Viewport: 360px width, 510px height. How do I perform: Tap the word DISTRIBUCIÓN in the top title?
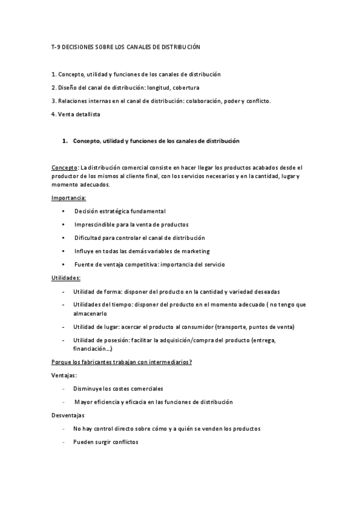click(178, 46)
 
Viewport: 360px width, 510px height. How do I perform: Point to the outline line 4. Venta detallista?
click(76, 114)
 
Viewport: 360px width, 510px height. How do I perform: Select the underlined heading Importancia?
click(69, 198)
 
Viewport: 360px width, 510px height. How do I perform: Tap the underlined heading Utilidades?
click(66, 278)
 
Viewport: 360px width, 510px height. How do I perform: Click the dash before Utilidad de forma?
click(64, 292)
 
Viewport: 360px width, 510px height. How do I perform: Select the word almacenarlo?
click(90, 313)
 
